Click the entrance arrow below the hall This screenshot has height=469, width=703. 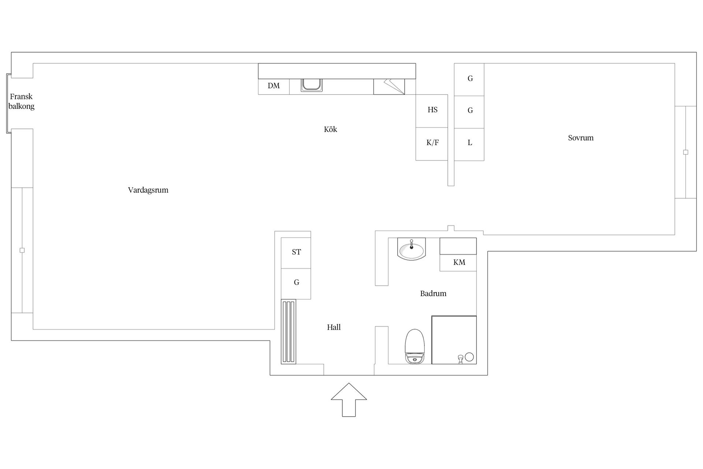(349, 400)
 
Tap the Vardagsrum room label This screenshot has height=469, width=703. (148, 190)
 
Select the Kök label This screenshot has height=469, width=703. (330, 129)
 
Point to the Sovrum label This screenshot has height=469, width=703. (581, 138)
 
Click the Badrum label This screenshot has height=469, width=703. (433, 293)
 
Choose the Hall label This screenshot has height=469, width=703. (334, 327)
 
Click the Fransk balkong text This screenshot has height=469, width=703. (21, 101)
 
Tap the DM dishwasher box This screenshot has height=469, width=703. (274, 86)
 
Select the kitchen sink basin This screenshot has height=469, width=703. (312, 85)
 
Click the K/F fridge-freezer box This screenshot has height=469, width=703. (432, 144)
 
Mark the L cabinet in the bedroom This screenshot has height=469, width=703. (469, 144)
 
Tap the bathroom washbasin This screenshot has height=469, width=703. (412, 249)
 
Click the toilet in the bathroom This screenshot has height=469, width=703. (414, 346)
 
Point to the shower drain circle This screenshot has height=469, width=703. (469, 357)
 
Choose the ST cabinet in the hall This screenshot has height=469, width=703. (296, 253)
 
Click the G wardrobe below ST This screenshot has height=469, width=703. (296, 284)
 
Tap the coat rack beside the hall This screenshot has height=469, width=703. (289, 332)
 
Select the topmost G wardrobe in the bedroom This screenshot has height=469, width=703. (469, 80)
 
